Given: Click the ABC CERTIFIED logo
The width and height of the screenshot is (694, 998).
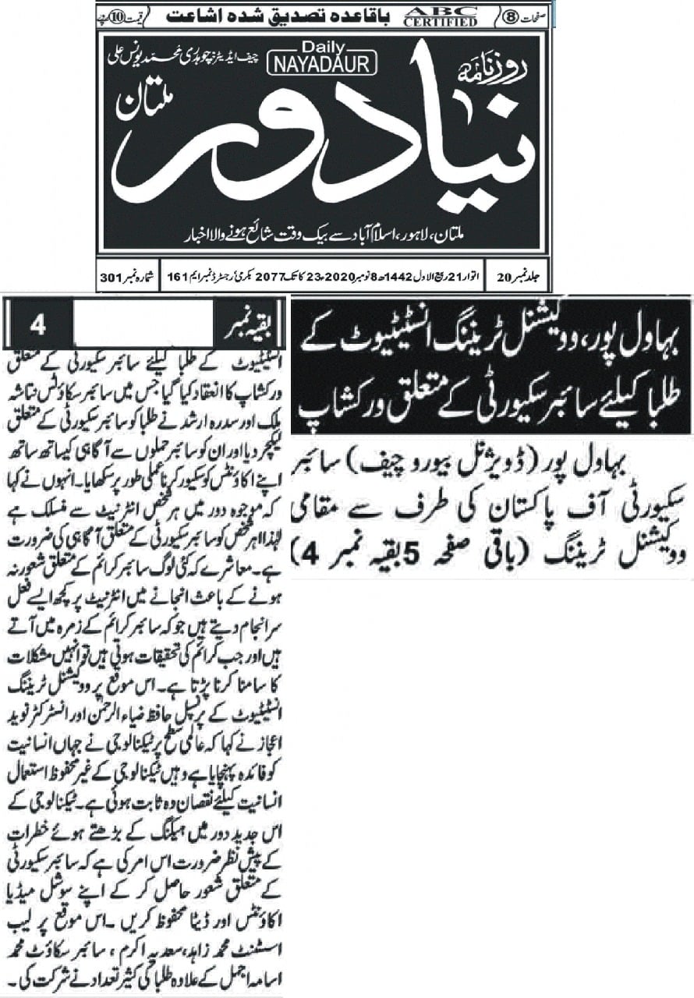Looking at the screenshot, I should pos(441,16).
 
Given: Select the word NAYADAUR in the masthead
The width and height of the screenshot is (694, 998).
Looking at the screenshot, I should pos(322,66).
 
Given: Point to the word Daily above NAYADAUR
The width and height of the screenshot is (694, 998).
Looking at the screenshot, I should pos(322,49).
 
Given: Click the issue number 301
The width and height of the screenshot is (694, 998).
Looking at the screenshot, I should pos(112,278).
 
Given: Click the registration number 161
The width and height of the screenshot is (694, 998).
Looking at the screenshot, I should pos(178,278).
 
